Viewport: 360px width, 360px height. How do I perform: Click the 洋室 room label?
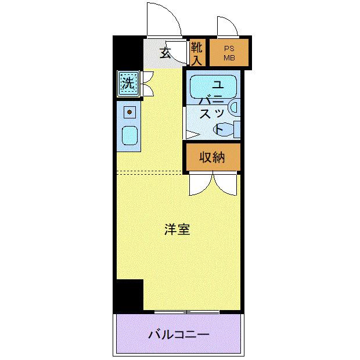pos(177,230)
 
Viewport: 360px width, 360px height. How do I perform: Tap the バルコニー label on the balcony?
pos(178,334)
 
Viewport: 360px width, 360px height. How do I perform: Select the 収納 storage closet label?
pos(212,157)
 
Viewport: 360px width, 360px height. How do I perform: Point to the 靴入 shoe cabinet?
pos(197,53)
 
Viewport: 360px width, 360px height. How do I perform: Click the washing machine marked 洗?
pos(127,82)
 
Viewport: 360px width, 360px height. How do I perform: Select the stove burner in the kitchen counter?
pos(129,110)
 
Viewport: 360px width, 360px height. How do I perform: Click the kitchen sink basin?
pos(129,136)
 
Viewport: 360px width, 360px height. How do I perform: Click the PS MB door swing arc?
pos(226,26)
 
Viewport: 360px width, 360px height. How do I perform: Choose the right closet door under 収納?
pos(226,185)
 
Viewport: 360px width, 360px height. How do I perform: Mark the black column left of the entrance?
pos(127,52)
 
